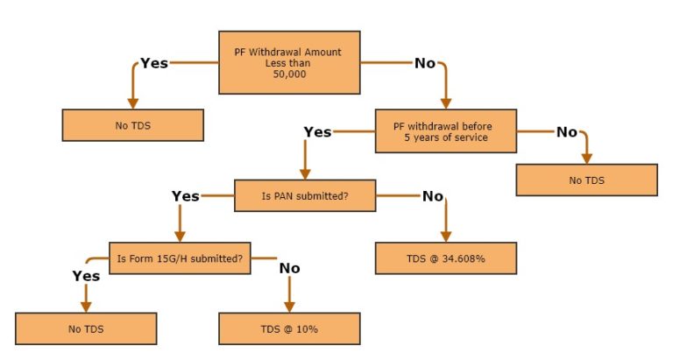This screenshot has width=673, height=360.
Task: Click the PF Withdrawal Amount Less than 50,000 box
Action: click(289, 63)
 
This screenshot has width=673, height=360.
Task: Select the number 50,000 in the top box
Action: click(290, 74)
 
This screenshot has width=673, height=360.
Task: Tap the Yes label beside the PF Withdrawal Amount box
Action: click(154, 63)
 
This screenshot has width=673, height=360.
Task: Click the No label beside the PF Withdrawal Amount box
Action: click(425, 63)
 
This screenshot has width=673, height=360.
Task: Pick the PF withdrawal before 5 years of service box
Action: click(446, 131)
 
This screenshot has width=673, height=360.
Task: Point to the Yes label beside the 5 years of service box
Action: click(317, 131)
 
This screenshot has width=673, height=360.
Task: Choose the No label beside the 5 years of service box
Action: click(567, 131)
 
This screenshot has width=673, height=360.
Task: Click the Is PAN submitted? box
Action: click(305, 195)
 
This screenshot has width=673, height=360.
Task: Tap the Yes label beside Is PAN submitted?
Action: click(186, 196)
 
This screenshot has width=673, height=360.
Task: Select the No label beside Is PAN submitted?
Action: click(433, 196)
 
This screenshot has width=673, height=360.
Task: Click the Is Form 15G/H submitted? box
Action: click(180, 258)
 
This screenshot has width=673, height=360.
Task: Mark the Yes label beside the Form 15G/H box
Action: click(86, 276)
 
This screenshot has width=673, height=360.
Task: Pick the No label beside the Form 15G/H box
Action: click(290, 268)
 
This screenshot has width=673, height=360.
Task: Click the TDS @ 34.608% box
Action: click(446, 258)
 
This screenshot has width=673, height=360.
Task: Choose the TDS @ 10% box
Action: click(289, 328)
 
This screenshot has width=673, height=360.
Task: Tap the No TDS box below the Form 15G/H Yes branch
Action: click(86, 328)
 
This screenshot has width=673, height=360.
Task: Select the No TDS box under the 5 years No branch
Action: click(587, 180)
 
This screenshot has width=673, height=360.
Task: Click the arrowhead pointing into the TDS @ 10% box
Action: click(290, 307)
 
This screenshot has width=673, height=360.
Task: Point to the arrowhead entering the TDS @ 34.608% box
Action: click(446, 236)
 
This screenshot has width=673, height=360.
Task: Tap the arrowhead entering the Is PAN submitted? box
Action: click(305, 174)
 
